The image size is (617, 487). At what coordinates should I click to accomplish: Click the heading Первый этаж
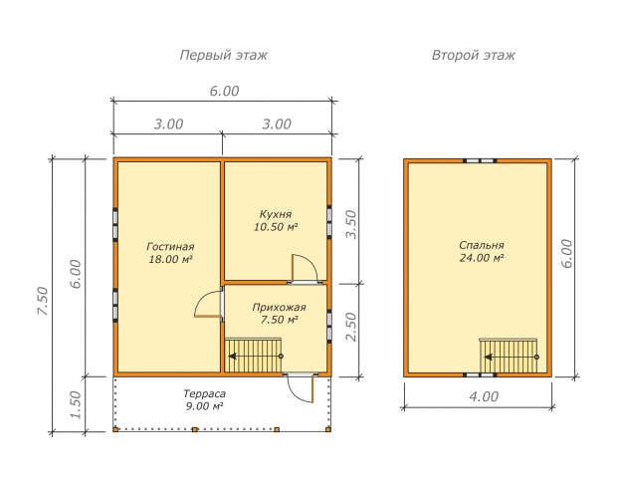(x=224, y=55)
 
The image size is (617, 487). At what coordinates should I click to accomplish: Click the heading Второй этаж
(x=474, y=55)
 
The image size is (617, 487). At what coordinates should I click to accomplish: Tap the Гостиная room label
(x=170, y=247)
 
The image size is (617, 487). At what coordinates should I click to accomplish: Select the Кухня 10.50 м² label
(x=276, y=220)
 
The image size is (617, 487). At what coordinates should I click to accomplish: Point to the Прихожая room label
(x=279, y=308)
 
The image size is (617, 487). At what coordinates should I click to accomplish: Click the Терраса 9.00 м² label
(x=205, y=399)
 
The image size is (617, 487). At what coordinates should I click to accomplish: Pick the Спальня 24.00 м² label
(x=482, y=252)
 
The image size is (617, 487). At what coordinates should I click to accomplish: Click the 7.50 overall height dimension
(x=43, y=301)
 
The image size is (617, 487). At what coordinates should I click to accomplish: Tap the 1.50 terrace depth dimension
(x=75, y=404)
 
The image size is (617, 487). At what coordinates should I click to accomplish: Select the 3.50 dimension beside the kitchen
(x=350, y=224)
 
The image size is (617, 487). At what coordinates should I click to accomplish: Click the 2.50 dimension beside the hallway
(x=350, y=327)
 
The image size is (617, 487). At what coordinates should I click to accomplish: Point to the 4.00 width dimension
(x=484, y=396)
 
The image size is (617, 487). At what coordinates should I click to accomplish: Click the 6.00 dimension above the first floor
(x=224, y=91)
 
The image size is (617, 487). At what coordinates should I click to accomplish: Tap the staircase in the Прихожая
(x=253, y=356)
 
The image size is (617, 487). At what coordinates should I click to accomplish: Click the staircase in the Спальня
(x=509, y=356)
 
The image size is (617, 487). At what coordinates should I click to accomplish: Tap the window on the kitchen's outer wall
(x=329, y=222)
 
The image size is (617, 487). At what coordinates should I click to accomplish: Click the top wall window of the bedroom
(x=480, y=160)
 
